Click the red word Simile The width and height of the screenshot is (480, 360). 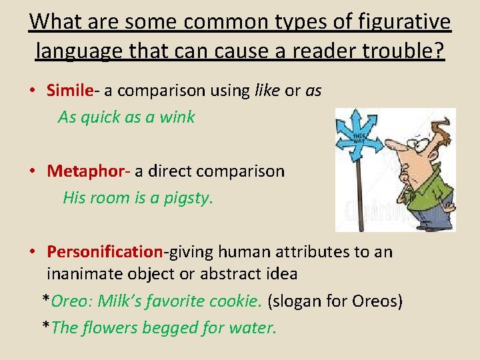tap(71, 91)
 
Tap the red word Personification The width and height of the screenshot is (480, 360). tap(105, 252)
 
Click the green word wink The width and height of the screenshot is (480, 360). tap(177, 117)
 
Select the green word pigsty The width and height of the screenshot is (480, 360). tap(189, 198)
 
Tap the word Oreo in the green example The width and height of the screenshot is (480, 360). tap(70, 301)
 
